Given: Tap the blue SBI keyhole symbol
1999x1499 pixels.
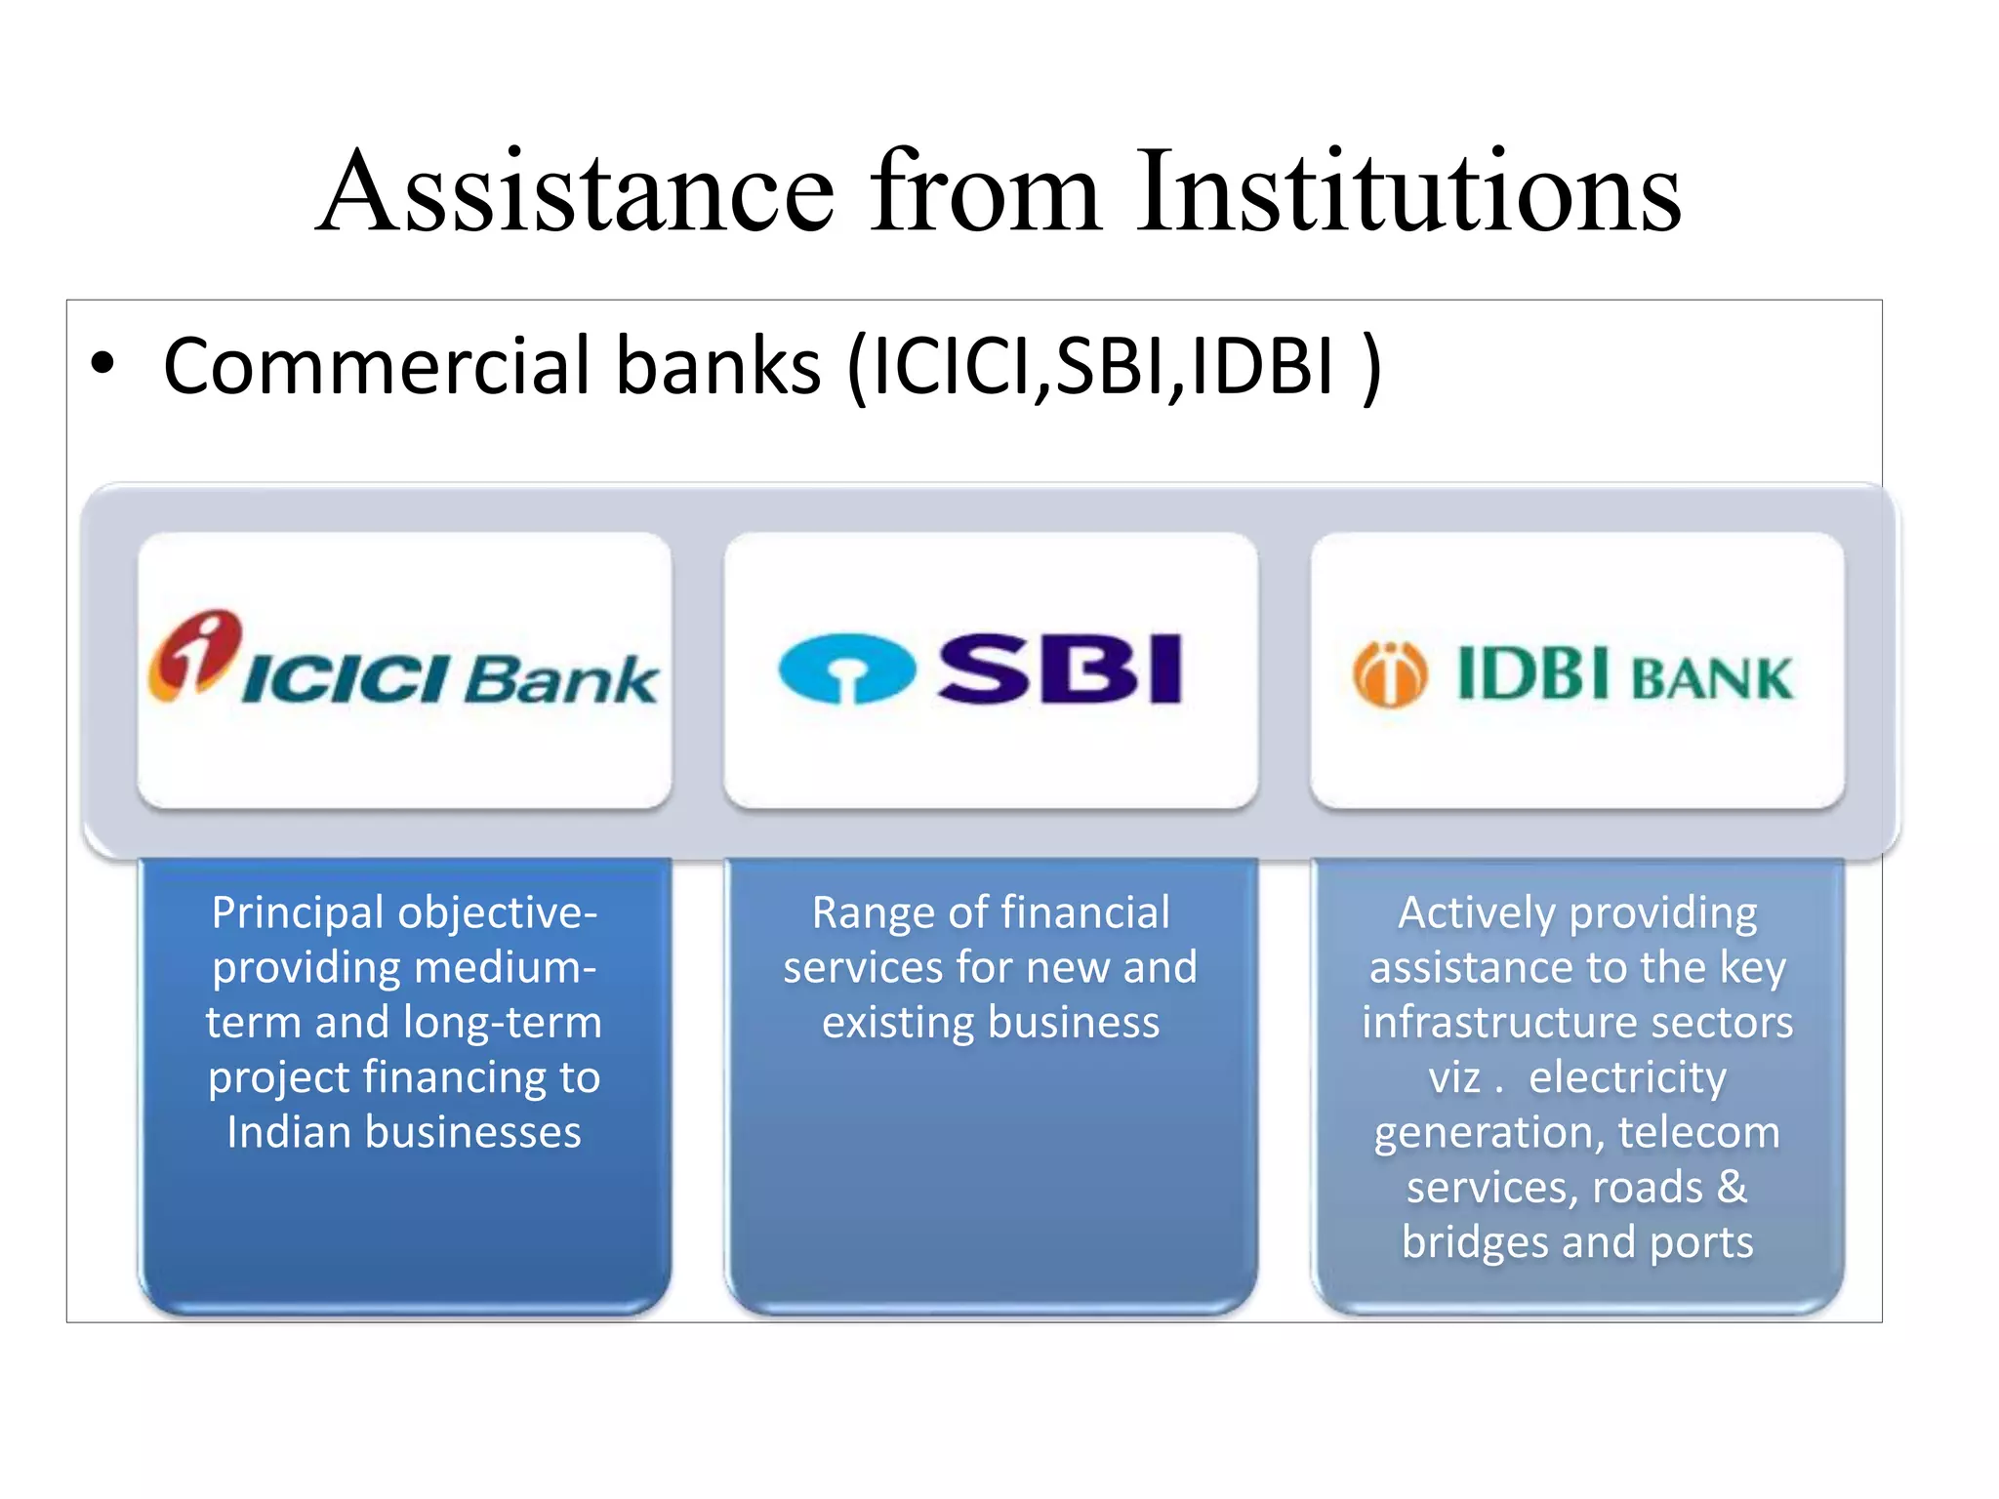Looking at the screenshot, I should [x=846, y=668].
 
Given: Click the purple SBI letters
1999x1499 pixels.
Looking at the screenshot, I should [x=1060, y=668].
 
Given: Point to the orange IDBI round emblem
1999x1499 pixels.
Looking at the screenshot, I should [x=1389, y=674].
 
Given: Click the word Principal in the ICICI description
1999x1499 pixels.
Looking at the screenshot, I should [x=299, y=914].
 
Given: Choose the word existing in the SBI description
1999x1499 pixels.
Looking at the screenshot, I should [x=897, y=1024].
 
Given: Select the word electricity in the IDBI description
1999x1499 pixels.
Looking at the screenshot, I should [x=1627, y=1078].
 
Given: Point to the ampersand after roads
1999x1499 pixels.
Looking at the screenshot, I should [x=1732, y=1188].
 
